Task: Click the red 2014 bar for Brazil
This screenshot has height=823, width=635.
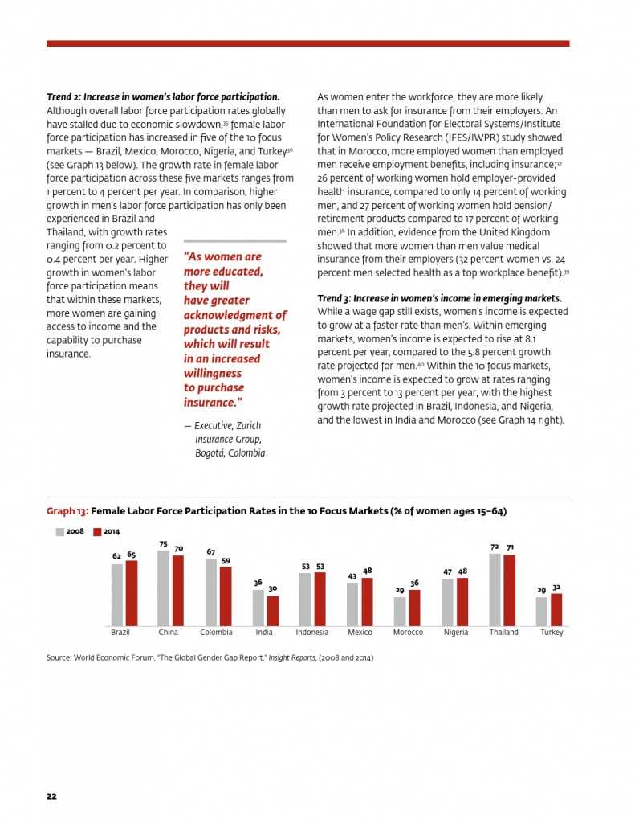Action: click(132, 593)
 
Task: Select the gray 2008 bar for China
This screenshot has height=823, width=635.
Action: click(163, 588)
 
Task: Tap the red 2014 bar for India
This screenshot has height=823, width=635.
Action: click(273, 610)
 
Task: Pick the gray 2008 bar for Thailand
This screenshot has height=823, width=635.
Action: click(495, 589)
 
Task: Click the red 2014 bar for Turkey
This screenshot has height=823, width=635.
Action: click(556, 609)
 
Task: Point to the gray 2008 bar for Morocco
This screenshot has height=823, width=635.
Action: click(400, 611)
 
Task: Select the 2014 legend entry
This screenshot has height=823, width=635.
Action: click(106, 531)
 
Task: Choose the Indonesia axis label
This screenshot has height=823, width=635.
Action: click(312, 633)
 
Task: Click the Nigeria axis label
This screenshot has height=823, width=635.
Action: click(455, 633)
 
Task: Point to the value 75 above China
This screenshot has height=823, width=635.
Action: click(163, 544)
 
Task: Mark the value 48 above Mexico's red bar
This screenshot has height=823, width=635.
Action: click(367, 571)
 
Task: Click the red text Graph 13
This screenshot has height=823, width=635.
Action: click(67, 511)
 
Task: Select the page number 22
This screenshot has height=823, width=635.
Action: click(51, 796)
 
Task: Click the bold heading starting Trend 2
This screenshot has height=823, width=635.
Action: click(163, 96)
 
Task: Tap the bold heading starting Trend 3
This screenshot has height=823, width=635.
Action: click(439, 298)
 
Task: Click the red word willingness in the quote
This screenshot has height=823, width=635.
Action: click(212, 373)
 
